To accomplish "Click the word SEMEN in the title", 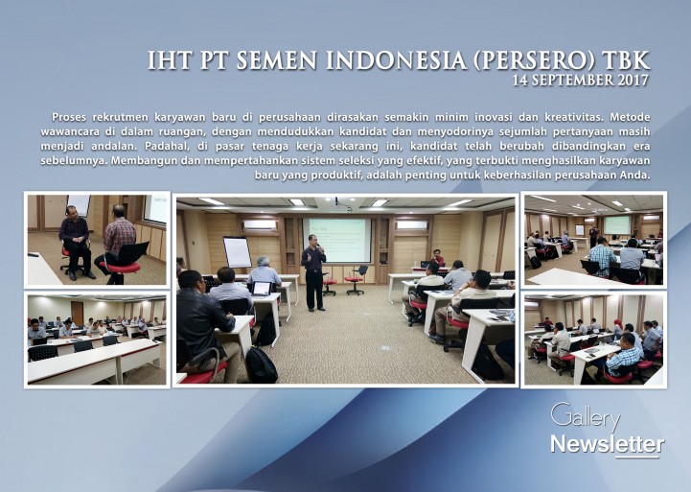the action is coord(276,60).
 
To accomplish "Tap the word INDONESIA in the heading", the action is coord(397,60).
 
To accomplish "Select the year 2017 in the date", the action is coord(633,80).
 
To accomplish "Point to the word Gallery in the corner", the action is coord(586,416).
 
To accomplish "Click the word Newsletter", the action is coord(608,444).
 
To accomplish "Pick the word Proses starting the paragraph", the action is coord(69,117).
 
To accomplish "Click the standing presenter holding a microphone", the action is coord(313,272).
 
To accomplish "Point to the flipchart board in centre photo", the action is coord(238,252).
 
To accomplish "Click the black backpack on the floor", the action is coord(262,364).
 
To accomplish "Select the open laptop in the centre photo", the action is coord(261,289).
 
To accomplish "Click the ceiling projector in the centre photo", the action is coord(337,202).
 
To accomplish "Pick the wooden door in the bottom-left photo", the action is coord(77,314).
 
